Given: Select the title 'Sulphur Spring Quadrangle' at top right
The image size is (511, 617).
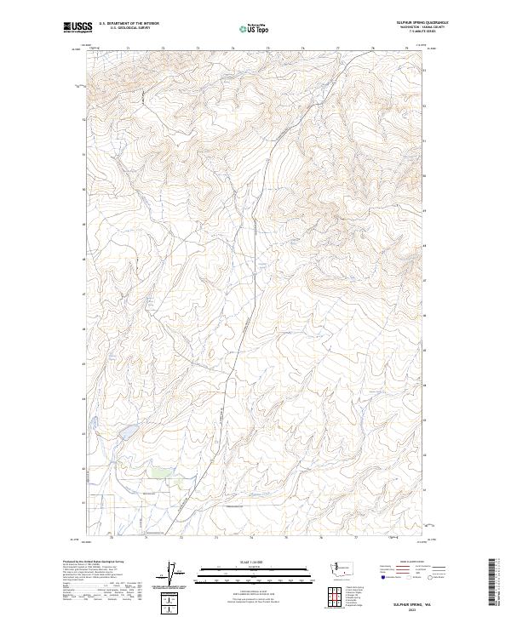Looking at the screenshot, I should [x=421, y=22].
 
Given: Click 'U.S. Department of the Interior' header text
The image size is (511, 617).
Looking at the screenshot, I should [x=129, y=24].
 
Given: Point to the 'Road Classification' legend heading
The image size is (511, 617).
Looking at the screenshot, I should [x=411, y=562].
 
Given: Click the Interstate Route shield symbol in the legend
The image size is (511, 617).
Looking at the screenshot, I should [x=382, y=577].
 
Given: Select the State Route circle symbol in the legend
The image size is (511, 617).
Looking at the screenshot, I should [x=431, y=577].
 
